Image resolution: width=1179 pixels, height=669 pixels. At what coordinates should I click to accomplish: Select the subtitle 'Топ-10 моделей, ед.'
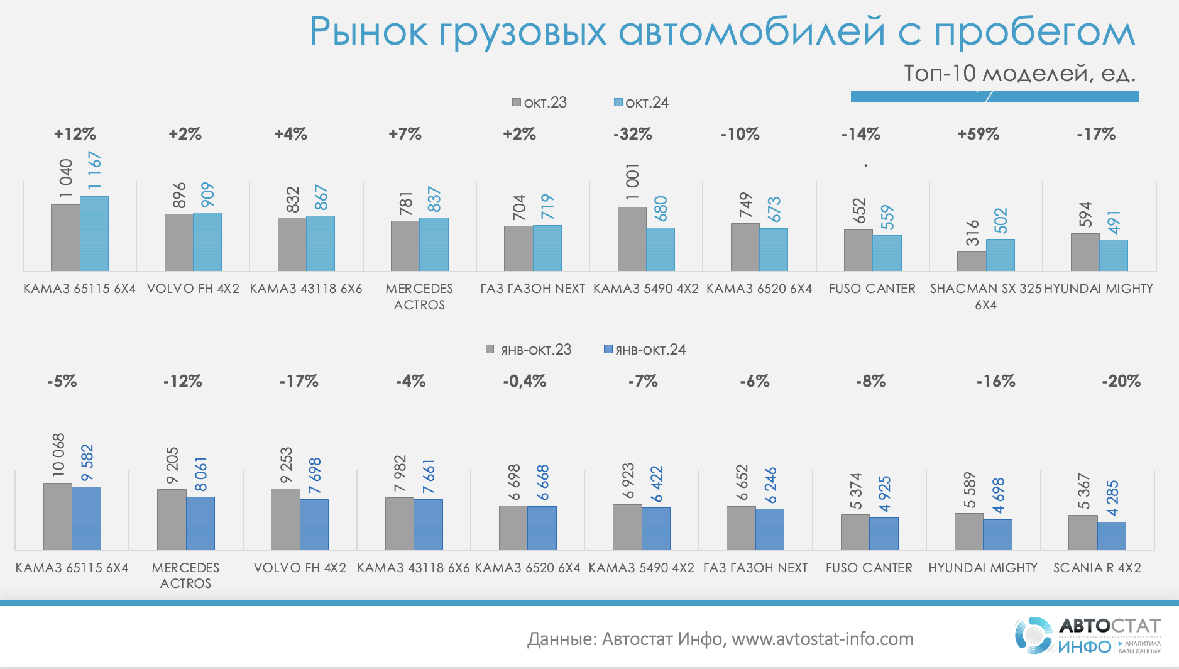pos(1019,74)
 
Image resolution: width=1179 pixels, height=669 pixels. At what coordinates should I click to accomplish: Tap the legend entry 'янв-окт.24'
pos(645,350)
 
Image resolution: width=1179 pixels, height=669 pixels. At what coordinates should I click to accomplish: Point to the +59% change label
pos(978,134)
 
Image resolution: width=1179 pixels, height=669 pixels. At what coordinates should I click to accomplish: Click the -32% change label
pos(632,134)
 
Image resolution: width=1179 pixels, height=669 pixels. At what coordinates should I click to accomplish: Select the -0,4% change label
pos(524,381)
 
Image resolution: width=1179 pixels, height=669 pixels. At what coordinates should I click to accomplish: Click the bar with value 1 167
pos(94,233)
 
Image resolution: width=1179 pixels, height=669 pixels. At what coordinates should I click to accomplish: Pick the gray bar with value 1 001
pos(632,239)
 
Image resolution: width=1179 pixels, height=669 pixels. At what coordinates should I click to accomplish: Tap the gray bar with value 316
pos(971,261)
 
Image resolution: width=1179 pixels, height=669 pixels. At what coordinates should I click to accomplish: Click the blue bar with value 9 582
pos(86,518)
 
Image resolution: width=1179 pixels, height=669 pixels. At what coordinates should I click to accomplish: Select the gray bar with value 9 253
pos(285,519)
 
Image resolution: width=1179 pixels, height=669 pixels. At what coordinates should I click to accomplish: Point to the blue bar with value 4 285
pos(1111,536)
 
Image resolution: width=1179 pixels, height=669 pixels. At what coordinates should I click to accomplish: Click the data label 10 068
pos(58,454)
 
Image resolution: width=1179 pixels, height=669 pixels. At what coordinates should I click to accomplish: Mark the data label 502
pos(1001,221)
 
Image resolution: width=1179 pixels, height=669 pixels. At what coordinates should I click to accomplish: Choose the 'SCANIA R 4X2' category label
pos(1097,568)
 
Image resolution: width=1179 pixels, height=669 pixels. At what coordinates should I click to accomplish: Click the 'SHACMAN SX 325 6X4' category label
pos(985,296)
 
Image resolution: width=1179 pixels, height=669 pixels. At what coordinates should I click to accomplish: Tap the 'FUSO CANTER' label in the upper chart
pos(872,289)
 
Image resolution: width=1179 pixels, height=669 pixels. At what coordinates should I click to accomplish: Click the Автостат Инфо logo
pos(1087,635)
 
